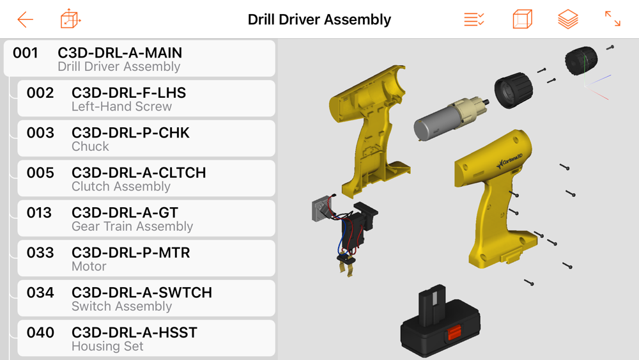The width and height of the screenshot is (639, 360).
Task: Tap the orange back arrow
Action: coord(25,20)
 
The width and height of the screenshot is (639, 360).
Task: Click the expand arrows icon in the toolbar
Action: coord(613,19)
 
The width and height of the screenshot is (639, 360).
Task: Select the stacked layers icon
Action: coord(567,19)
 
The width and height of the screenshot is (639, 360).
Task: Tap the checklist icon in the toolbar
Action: coord(474,19)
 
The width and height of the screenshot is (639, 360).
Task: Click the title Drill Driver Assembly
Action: coord(319,19)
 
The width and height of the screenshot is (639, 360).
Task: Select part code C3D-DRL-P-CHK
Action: coord(130,133)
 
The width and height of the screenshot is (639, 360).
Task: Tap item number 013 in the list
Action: coord(39,213)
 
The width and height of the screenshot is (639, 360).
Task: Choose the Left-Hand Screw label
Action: coord(121,106)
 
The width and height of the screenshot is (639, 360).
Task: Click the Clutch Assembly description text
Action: coord(121,186)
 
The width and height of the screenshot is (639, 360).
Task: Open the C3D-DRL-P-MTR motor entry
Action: coord(131,253)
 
